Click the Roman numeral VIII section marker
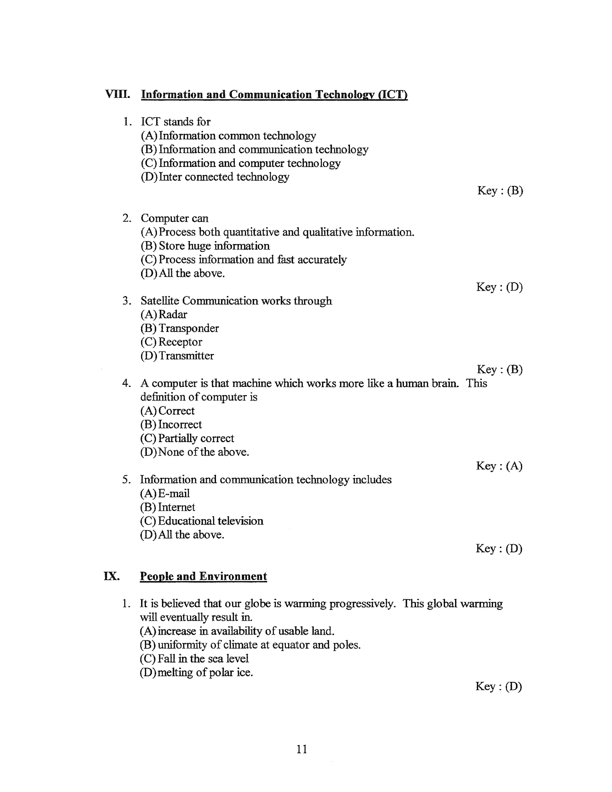117,94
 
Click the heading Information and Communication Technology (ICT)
274,95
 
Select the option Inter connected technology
215,177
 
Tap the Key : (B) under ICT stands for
500,191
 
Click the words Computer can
175,218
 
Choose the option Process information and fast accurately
243,260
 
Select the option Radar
164,314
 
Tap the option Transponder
180,328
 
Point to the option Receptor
171,342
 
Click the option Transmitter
177,356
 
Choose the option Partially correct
187,438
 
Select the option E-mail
165,493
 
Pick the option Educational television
202,521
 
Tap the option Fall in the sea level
194,658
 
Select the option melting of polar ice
196,672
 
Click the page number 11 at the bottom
302,749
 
